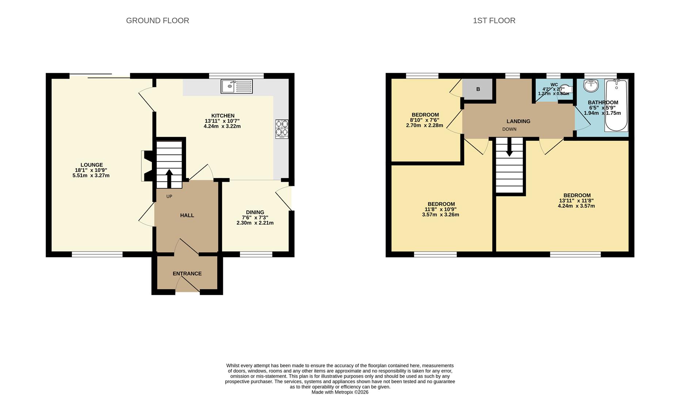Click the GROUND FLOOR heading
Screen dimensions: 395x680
tap(157, 21)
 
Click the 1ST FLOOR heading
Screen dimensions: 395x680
tap(494, 21)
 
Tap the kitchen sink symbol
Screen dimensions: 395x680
tap(236, 86)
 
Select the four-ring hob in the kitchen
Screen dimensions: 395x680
tap(282, 129)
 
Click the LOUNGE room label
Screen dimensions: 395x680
tap(92, 165)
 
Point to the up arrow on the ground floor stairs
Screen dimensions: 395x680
tap(169, 177)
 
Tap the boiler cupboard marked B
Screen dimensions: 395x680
tap(478, 89)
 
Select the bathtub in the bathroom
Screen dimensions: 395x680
tap(616, 105)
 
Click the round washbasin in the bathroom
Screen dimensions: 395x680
tap(591, 86)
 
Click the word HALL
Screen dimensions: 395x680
tap(187, 215)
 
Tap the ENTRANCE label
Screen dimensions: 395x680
tap(187, 274)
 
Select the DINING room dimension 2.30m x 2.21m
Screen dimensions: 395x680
tap(255, 223)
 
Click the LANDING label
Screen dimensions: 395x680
tap(518, 121)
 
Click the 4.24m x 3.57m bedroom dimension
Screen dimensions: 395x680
tap(576, 206)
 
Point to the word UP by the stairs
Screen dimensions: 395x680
tap(169, 196)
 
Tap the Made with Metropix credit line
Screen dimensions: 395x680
tap(340, 392)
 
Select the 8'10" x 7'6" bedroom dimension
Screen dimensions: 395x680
tap(425, 120)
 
